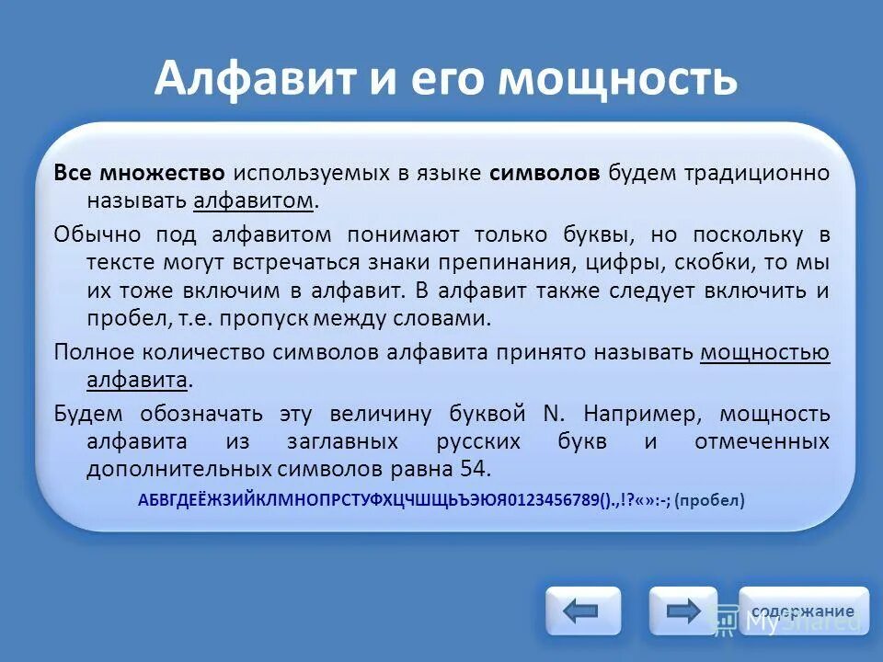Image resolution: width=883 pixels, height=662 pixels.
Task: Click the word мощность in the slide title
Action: [618, 78]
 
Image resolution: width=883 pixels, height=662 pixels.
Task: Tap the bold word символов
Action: [545, 174]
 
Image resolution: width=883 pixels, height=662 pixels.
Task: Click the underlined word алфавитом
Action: [254, 200]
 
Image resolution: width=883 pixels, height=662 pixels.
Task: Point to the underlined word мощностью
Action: [764, 352]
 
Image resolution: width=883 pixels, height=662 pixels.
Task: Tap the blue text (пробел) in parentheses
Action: [709, 501]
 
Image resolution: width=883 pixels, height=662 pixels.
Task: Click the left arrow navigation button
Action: [582, 611]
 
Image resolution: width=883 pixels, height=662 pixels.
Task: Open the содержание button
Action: [803, 611]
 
